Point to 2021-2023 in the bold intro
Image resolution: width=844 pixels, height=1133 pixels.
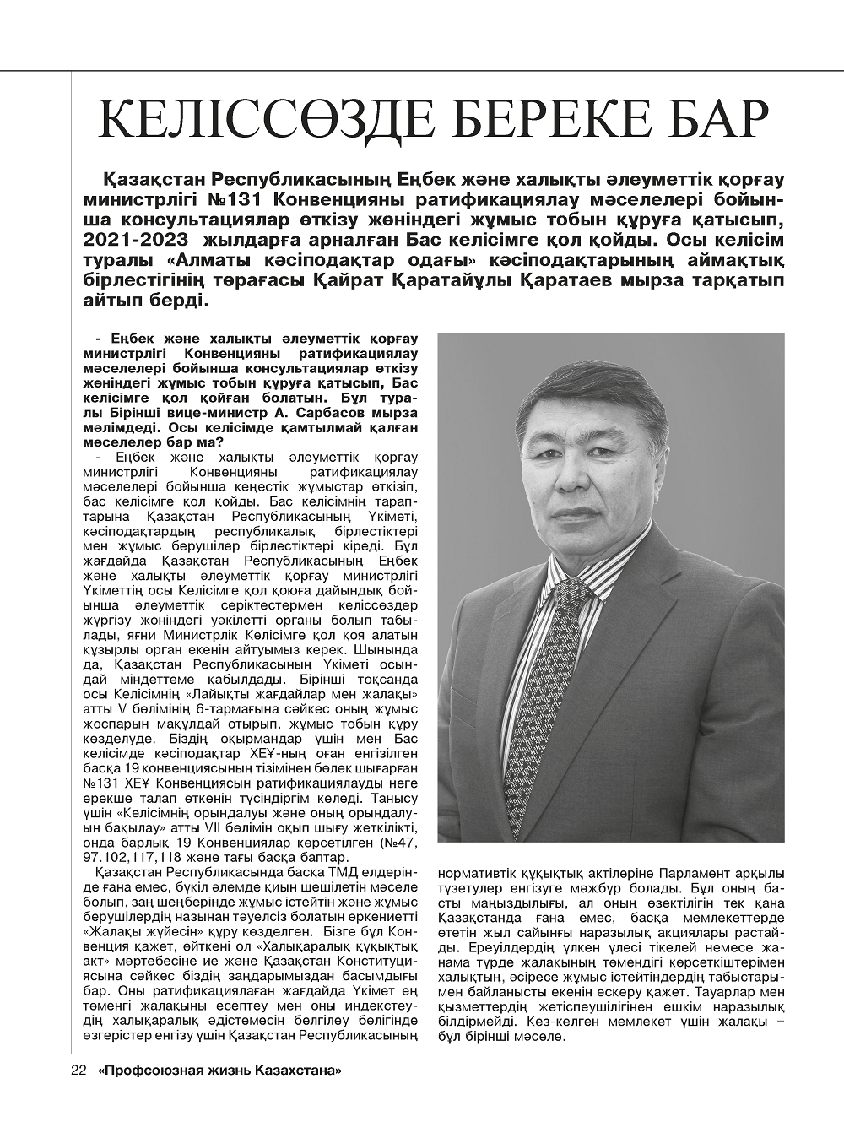click(134, 240)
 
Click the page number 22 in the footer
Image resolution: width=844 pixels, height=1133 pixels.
click(78, 1071)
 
